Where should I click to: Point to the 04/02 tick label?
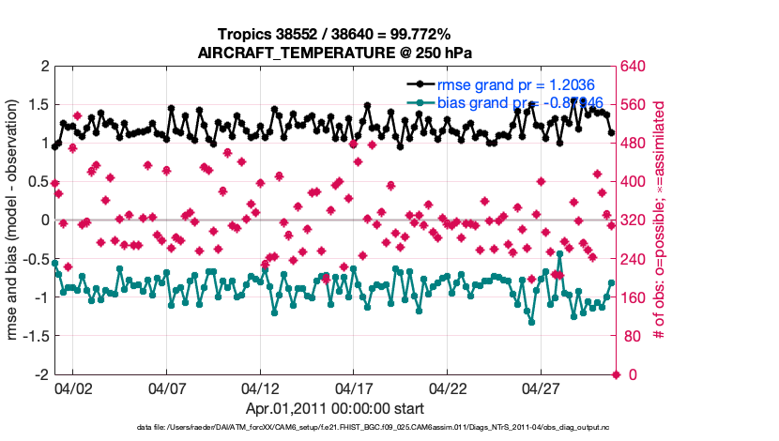72,388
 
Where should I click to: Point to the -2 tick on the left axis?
41,374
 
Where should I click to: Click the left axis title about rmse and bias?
14,220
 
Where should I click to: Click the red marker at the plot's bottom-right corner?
616,374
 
